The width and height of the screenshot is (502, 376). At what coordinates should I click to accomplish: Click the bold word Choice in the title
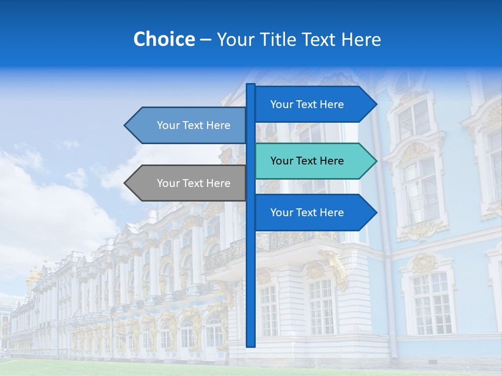[164, 39]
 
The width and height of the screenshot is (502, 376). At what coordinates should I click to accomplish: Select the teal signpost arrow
[314, 161]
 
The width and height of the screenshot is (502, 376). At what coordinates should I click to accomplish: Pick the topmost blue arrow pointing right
[314, 104]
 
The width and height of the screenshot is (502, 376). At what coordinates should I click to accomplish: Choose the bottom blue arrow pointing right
[314, 213]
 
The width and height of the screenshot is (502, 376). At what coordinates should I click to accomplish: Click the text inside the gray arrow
[193, 183]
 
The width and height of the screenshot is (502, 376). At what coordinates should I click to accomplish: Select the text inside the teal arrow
[307, 161]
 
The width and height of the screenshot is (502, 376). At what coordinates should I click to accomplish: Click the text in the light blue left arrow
[193, 125]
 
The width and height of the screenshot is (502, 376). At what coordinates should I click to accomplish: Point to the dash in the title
[206, 40]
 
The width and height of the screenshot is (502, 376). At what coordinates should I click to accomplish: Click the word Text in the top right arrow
[307, 104]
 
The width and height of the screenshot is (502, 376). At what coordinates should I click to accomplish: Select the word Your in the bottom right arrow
[281, 213]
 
